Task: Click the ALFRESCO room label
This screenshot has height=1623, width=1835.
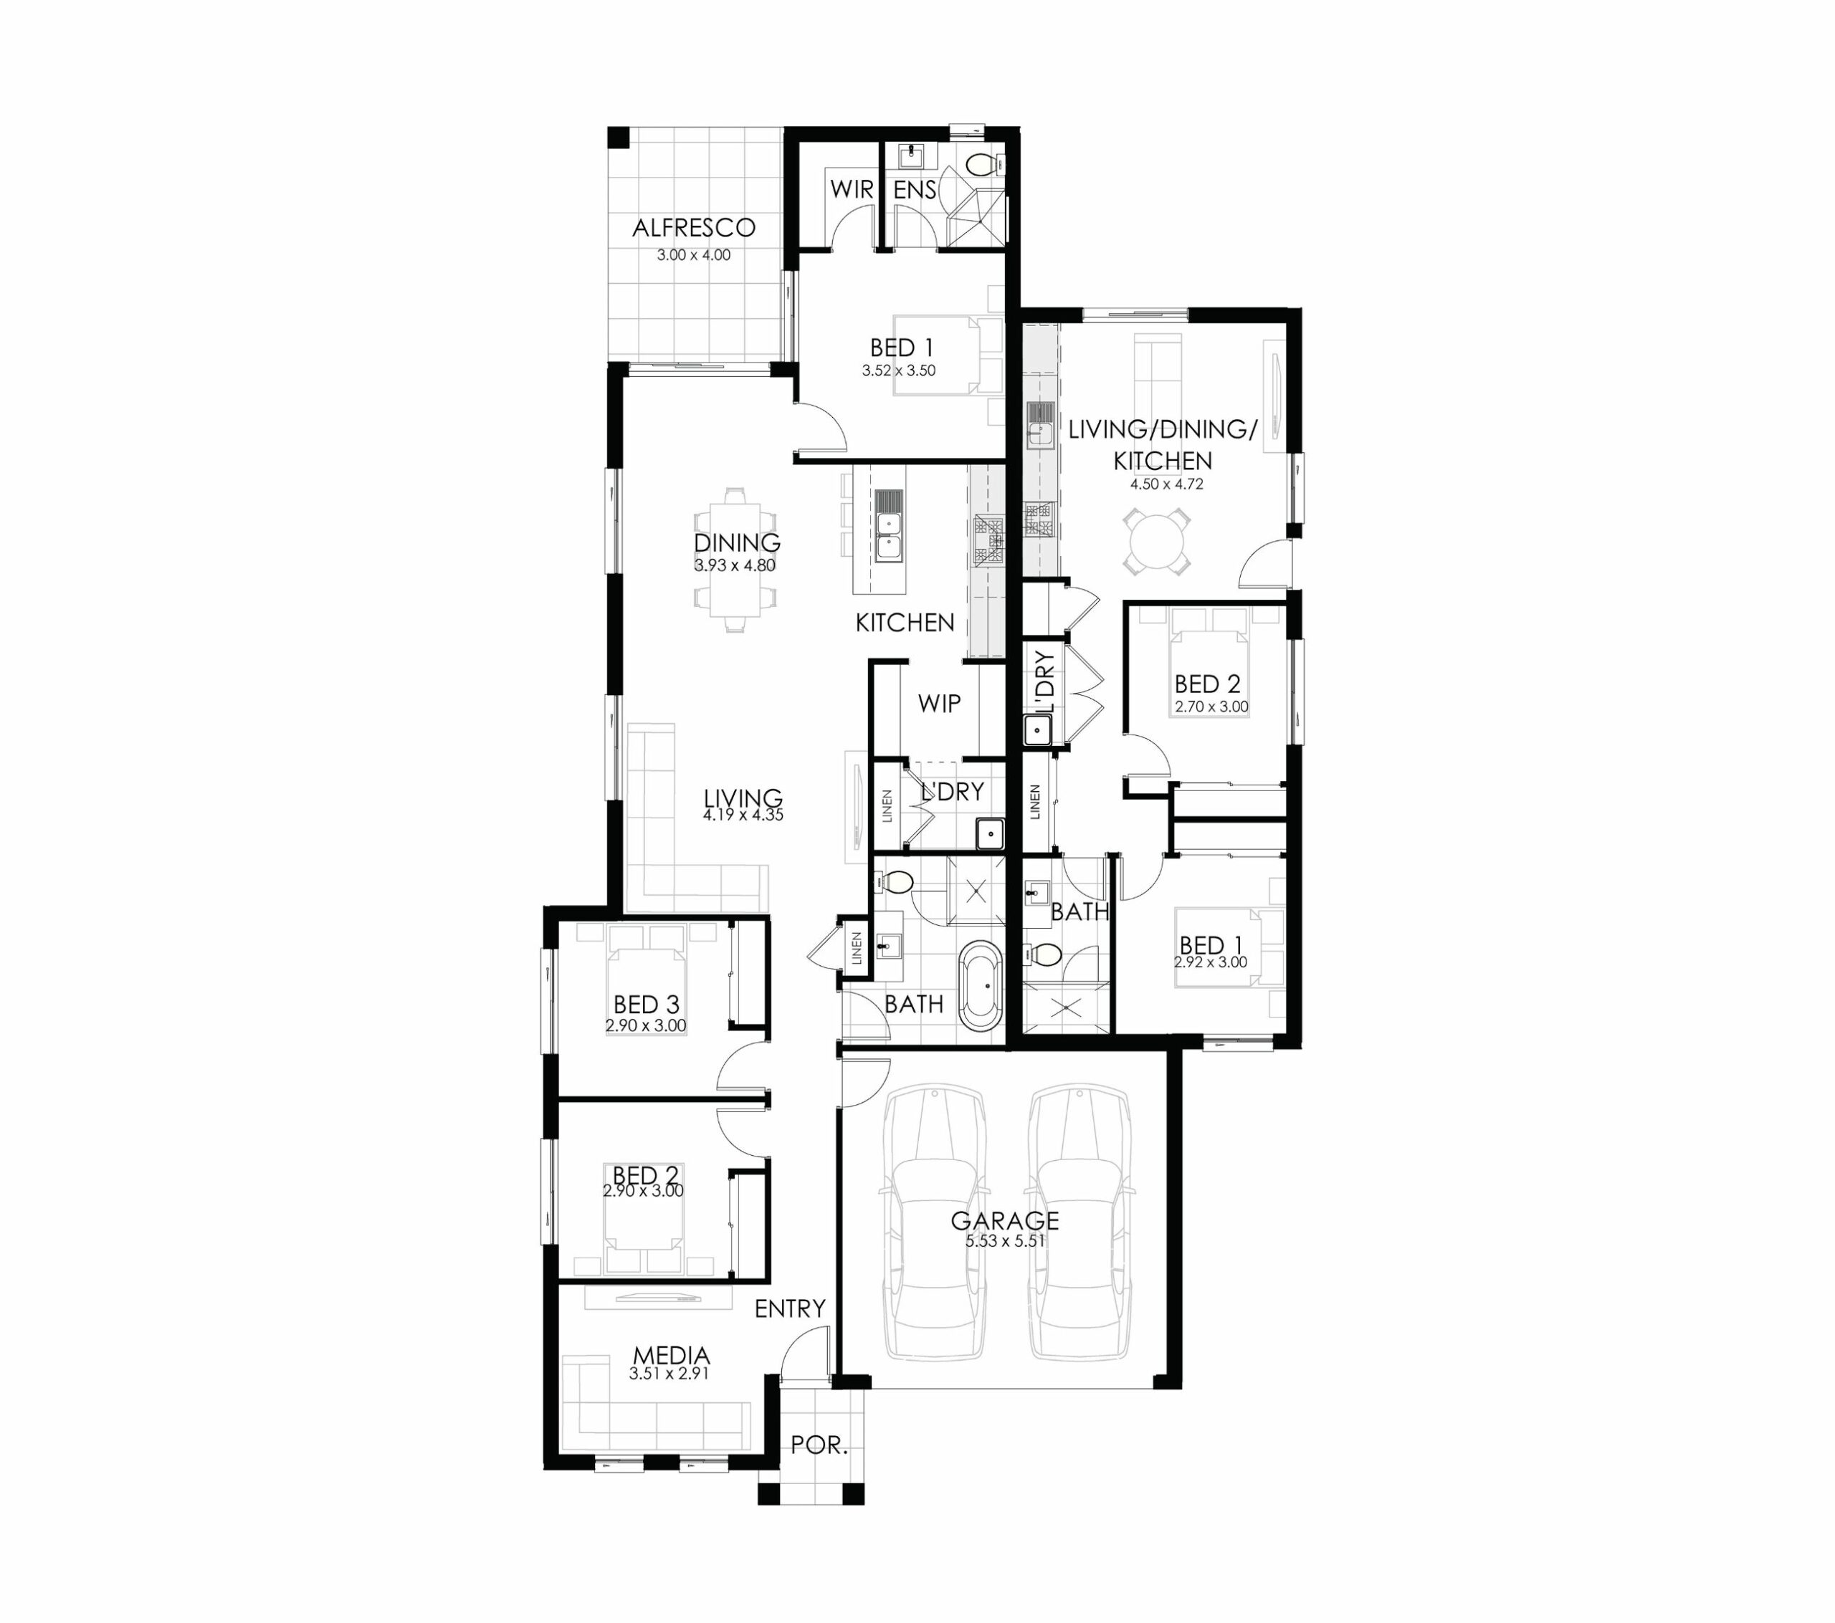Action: tap(693, 228)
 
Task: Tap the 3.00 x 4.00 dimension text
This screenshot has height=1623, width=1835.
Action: tap(693, 255)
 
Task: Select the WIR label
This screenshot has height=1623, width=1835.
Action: tap(851, 189)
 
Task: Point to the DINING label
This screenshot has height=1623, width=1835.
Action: tap(736, 542)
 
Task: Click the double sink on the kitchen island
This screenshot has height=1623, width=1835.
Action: tap(889, 537)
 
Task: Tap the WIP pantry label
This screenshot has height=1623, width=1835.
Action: tap(939, 704)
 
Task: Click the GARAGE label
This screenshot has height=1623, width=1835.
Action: tap(1004, 1221)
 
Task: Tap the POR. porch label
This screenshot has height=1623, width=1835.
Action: tap(819, 1445)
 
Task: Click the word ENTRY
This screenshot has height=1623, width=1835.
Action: tap(790, 1309)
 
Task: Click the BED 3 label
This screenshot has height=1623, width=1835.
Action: tap(647, 1005)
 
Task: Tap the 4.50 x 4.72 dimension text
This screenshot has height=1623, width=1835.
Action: tap(1166, 484)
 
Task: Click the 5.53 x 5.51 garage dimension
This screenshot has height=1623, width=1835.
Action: tap(1004, 1242)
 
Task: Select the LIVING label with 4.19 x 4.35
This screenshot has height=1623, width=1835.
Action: tap(743, 798)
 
